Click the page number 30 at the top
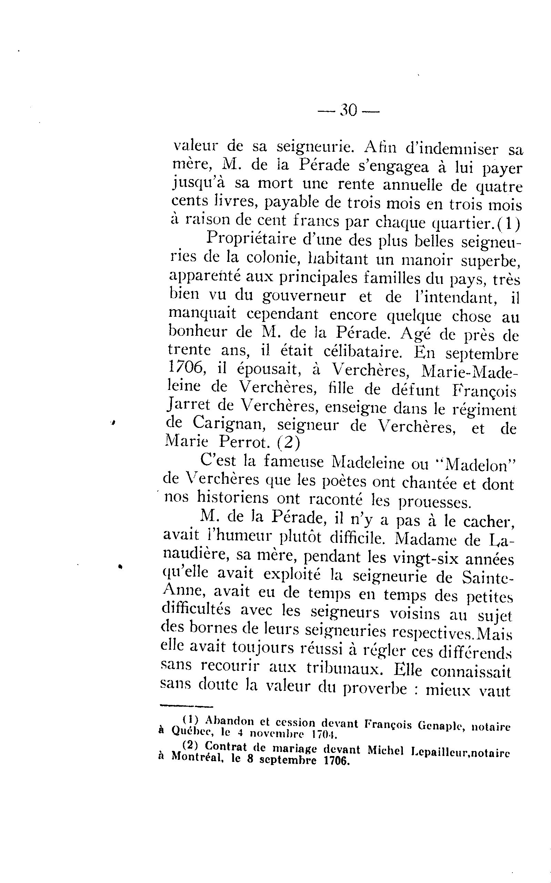pyautogui.click(x=349, y=110)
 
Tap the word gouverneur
pyautogui.click(x=304, y=296)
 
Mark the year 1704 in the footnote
pyautogui.click(x=322, y=733)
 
